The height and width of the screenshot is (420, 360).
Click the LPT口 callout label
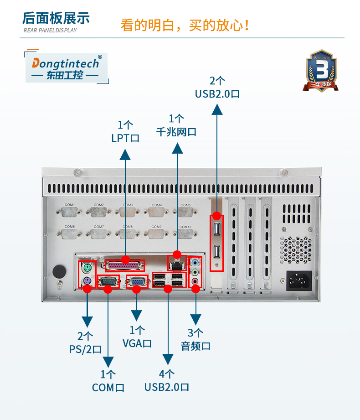[x=125, y=131]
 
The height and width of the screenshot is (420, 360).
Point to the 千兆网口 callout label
[x=176, y=125]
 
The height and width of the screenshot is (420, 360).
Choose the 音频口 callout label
[x=195, y=339]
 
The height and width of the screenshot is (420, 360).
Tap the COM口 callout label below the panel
[x=108, y=381]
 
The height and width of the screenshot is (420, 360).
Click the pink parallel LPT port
[x=125, y=266]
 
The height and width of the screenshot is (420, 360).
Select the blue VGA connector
[x=136, y=282]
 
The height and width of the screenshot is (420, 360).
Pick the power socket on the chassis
[x=298, y=281]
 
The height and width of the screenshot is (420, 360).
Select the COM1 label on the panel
[x=70, y=205]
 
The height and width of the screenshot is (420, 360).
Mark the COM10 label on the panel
[x=185, y=227]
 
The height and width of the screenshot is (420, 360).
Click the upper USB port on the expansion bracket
[x=217, y=228]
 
